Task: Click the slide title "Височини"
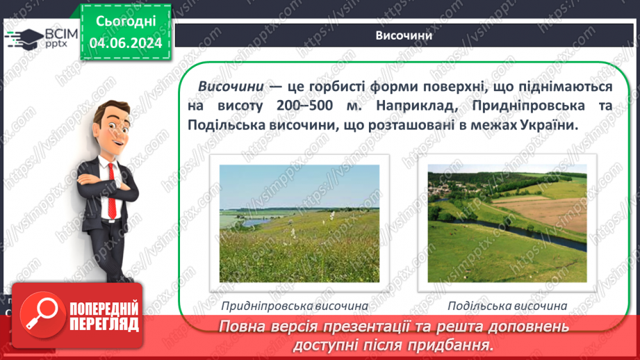point(404,36)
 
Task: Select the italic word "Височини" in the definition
point(231,87)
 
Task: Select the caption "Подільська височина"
point(507,306)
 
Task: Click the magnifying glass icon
point(39,316)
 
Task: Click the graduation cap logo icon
point(23,37)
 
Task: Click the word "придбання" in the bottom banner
point(453,344)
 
